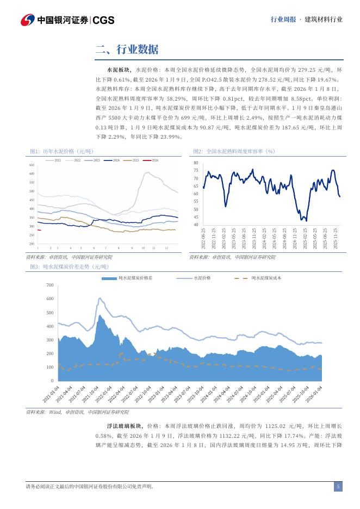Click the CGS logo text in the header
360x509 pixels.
(103, 20)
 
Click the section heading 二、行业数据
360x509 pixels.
(127, 50)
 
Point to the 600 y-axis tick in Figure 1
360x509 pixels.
(32, 173)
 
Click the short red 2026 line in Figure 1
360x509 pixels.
(39, 230)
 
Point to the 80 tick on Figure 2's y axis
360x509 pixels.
(196, 163)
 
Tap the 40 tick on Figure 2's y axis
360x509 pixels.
(196, 225)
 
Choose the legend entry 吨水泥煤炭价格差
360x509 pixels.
(132, 278)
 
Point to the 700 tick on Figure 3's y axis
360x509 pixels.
(49, 285)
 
